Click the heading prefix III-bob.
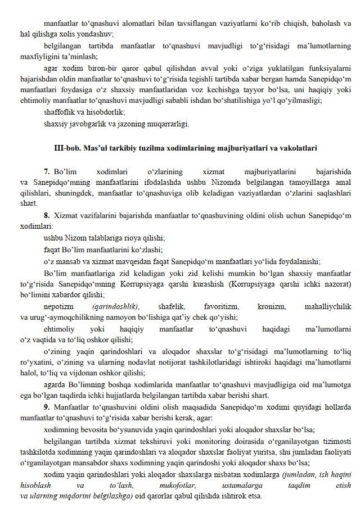tap(66, 148)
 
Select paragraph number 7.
tap(47, 170)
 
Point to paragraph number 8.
tap(47, 215)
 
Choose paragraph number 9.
tap(47, 406)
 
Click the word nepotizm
tap(58, 306)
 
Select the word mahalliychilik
tap(328, 306)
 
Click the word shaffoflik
tap(60, 112)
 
